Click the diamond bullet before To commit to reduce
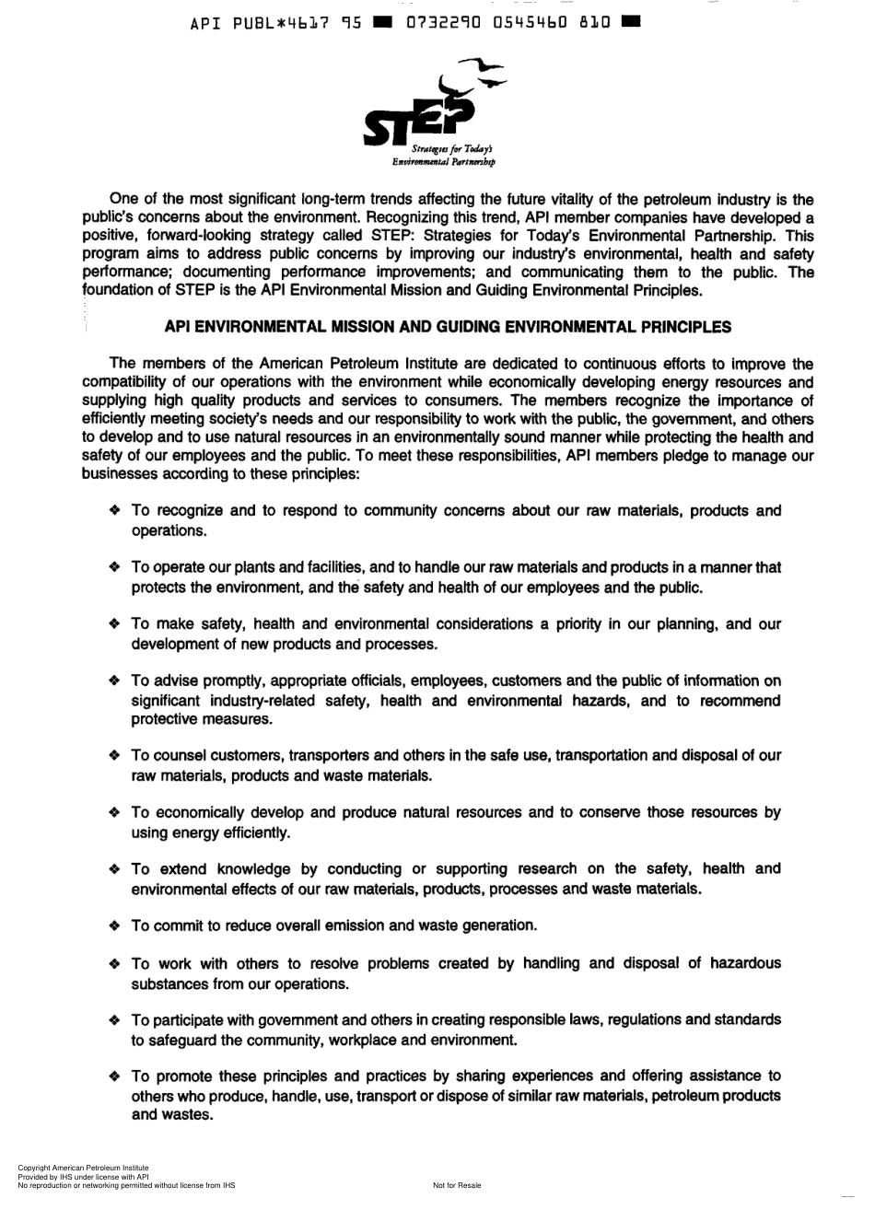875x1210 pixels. point(114,925)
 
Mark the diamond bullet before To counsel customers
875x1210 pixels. point(114,756)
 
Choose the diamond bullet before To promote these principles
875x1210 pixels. point(114,1076)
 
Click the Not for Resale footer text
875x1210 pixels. point(457,1186)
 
